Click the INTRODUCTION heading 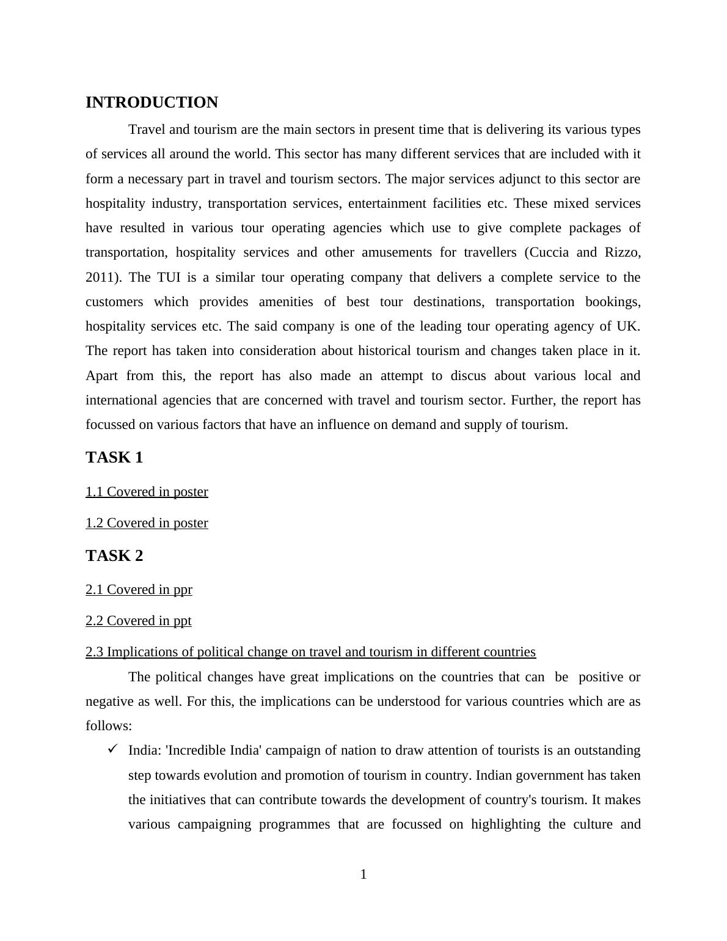[x=152, y=103]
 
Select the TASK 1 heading [x=114, y=458]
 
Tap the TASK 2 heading [x=114, y=556]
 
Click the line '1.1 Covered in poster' [x=147, y=492]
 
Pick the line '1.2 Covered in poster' [x=147, y=523]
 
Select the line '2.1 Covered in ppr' [x=139, y=590]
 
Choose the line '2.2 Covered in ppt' [x=138, y=621]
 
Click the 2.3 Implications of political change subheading [x=310, y=652]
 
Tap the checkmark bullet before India [x=112, y=749]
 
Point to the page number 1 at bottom [x=364, y=875]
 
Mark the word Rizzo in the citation [x=621, y=252]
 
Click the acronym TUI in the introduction [x=168, y=277]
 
